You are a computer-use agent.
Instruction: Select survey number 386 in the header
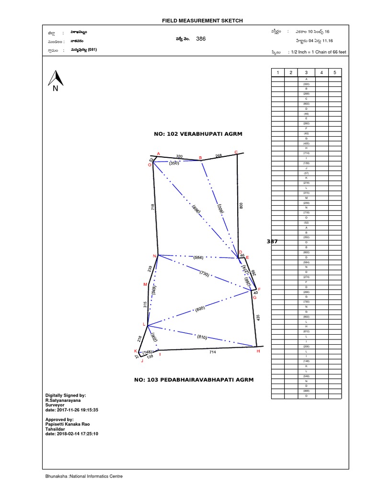tap(201, 39)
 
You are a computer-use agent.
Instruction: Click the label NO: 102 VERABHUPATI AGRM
tap(195, 134)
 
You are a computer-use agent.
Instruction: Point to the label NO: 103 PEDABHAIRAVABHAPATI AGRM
tap(194, 380)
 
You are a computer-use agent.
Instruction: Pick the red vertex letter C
tap(236, 152)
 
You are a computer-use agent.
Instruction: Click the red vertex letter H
tap(258, 351)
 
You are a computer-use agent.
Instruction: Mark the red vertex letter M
tap(145, 284)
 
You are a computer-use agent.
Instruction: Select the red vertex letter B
tap(200, 158)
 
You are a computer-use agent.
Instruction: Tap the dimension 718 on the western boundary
tap(152, 208)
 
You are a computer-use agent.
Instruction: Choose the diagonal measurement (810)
tap(202, 338)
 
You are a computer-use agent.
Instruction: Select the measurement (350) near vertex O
tap(174, 163)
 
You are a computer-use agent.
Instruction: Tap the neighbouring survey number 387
tap(272, 242)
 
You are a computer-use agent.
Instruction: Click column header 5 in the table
tap(335, 72)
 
